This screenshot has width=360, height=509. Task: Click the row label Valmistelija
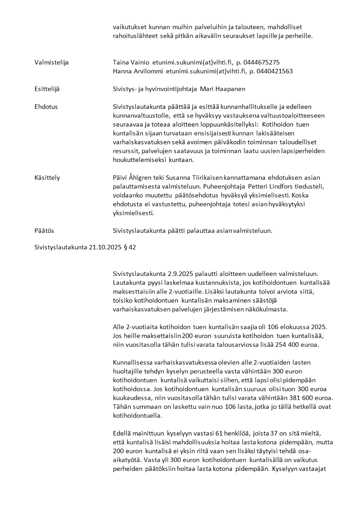pyautogui.click(x=51, y=62)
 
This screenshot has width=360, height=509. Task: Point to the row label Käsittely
pyautogui.click(x=47, y=177)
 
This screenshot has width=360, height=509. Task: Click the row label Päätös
pyautogui.click(x=44, y=230)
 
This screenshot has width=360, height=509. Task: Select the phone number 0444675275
pyautogui.click(x=264, y=62)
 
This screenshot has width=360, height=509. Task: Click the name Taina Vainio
pyautogui.click(x=128, y=62)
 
